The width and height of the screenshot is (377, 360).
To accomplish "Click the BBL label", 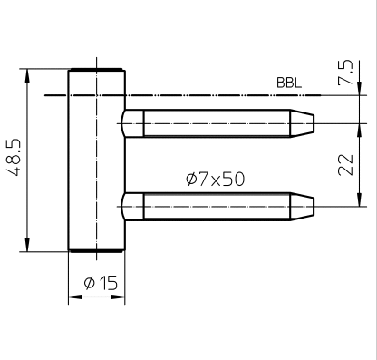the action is (x=289, y=83).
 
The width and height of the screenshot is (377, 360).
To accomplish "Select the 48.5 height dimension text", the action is (x=14, y=158).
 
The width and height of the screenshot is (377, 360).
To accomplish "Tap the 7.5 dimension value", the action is (x=345, y=73).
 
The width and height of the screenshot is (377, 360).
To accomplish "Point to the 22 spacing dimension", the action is (x=345, y=165).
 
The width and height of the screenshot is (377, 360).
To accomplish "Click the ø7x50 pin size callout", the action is (x=215, y=179).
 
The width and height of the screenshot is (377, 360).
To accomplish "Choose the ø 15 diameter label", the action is (x=101, y=283).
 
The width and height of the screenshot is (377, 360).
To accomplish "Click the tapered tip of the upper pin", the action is (x=302, y=123).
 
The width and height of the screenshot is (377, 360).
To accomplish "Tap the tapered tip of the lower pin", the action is (x=302, y=207).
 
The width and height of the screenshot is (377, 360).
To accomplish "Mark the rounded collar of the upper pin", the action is (x=132, y=123).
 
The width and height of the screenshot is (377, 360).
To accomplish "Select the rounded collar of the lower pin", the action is (x=132, y=207).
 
